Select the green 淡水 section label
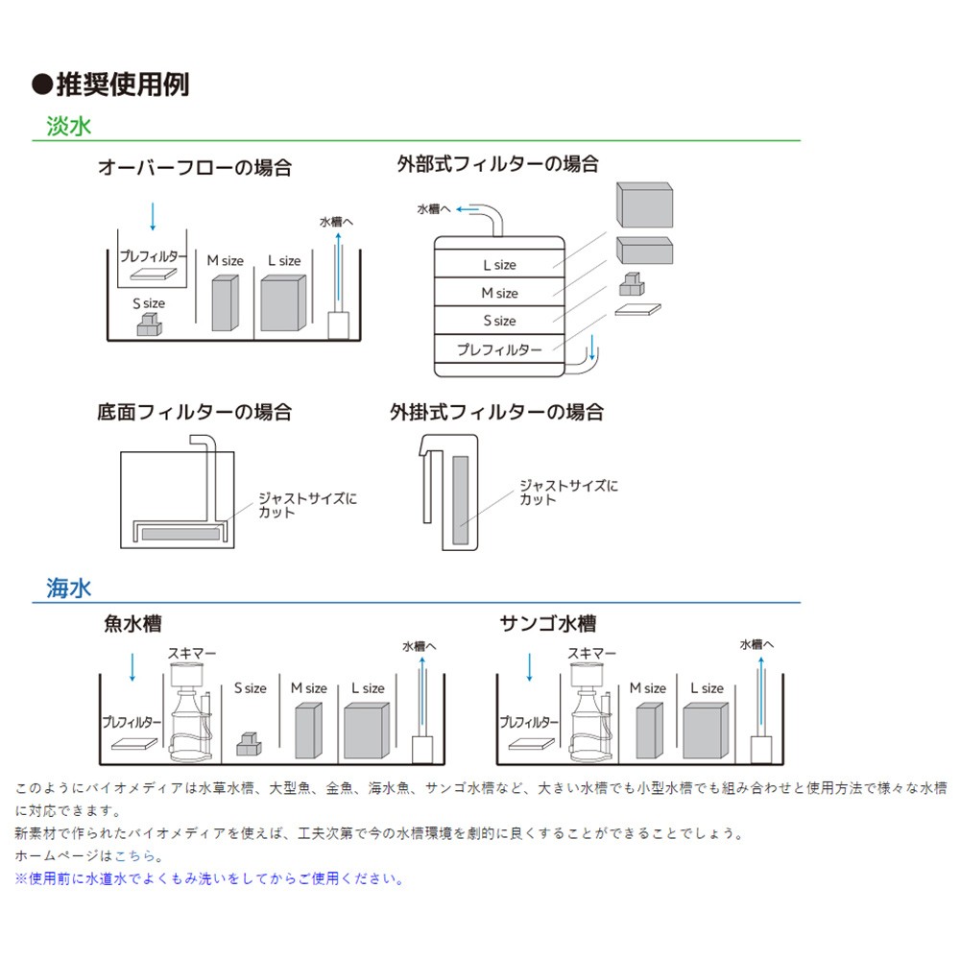click(69, 127)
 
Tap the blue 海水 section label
click(69, 588)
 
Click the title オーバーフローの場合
click(195, 167)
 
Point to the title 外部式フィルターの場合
click(497, 163)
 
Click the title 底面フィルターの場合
click(195, 413)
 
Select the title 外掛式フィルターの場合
click(496, 413)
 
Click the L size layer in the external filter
click(498, 264)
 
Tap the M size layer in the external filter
click(498, 293)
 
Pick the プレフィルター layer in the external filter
click(498, 350)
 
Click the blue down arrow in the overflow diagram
click(153, 216)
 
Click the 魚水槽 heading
click(132, 624)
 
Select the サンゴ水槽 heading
click(547, 624)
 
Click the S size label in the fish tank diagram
click(251, 688)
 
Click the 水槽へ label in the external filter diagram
click(434, 208)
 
